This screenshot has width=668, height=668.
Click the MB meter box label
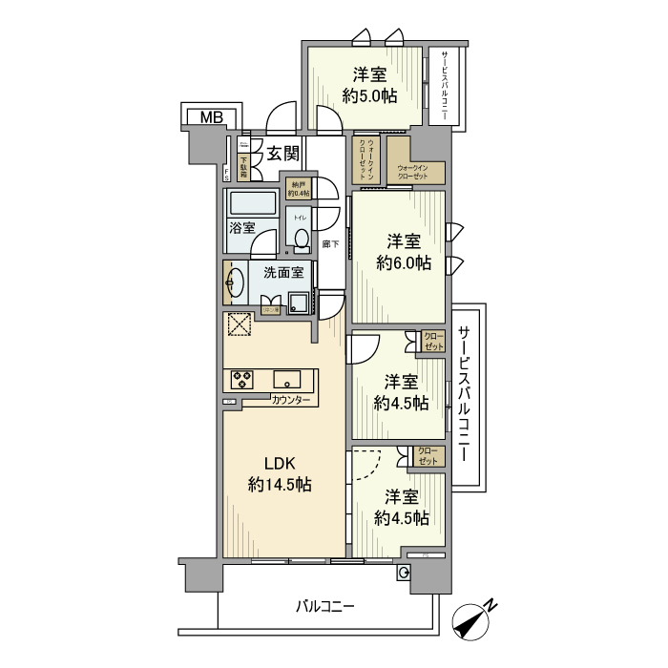coord(211,117)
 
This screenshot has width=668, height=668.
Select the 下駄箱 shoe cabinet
coord(244,168)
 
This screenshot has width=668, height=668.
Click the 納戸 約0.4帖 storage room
coord(297,189)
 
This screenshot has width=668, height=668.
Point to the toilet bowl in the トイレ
coord(302,239)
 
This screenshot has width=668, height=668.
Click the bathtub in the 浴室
coord(252,204)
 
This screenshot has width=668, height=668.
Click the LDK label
coord(280,464)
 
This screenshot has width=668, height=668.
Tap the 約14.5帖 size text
coord(280,485)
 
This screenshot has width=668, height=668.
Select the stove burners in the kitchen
coord(241,379)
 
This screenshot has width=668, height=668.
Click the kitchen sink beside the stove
coord(287,378)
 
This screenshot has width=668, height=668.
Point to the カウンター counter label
coord(290,400)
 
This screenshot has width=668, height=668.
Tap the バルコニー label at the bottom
coord(324,606)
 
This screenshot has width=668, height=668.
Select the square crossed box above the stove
coord(238,325)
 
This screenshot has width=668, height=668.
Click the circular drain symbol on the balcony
coord(405,573)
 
